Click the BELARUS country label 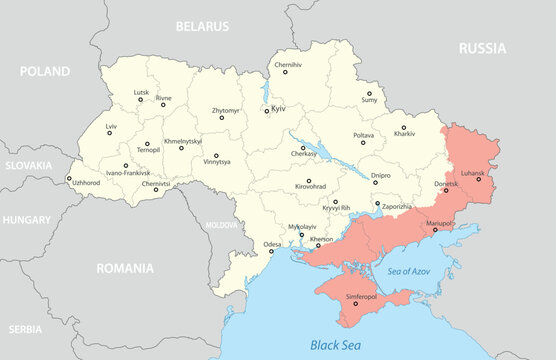[x=201, y=25]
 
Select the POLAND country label [x=44, y=72]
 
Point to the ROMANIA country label [x=125, y=268]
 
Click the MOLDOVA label [x=221, y=226]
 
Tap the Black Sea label [x=337, y=345]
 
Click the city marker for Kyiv [x=267, y=111]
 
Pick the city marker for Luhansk [x=478, y=179]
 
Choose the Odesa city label [x=272, y=244]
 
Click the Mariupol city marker [x=434, y=231]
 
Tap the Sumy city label [x=369, y=100]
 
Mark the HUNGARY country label [x=27, y=218]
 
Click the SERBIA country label [x=24, y=328]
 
